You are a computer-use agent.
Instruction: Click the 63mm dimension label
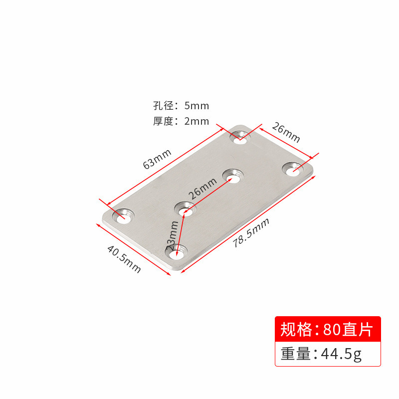[x=157, y=159]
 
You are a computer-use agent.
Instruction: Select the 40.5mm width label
[x=124, y=258]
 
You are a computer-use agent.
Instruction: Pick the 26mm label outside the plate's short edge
[x=286, y=132]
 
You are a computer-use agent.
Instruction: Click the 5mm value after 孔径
[x=197, y=106]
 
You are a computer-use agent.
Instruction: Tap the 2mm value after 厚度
[x=197, y=121]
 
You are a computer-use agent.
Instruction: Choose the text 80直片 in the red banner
[x=348, y=330]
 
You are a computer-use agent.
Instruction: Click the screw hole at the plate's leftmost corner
[x=123, y=216]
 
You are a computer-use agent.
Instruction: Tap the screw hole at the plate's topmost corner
[x=240, y=136]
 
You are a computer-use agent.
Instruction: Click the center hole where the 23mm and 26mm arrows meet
[x=186, y=208]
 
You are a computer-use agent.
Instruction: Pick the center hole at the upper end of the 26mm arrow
[x=232, y=176]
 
